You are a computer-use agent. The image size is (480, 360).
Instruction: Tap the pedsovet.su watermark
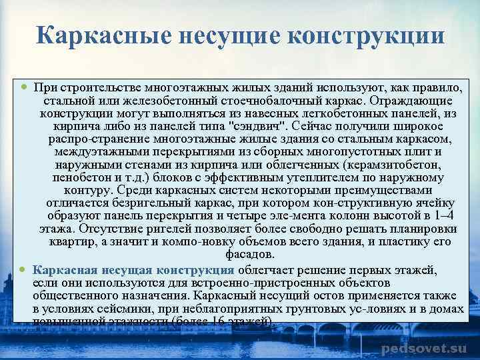coord(423,349)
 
